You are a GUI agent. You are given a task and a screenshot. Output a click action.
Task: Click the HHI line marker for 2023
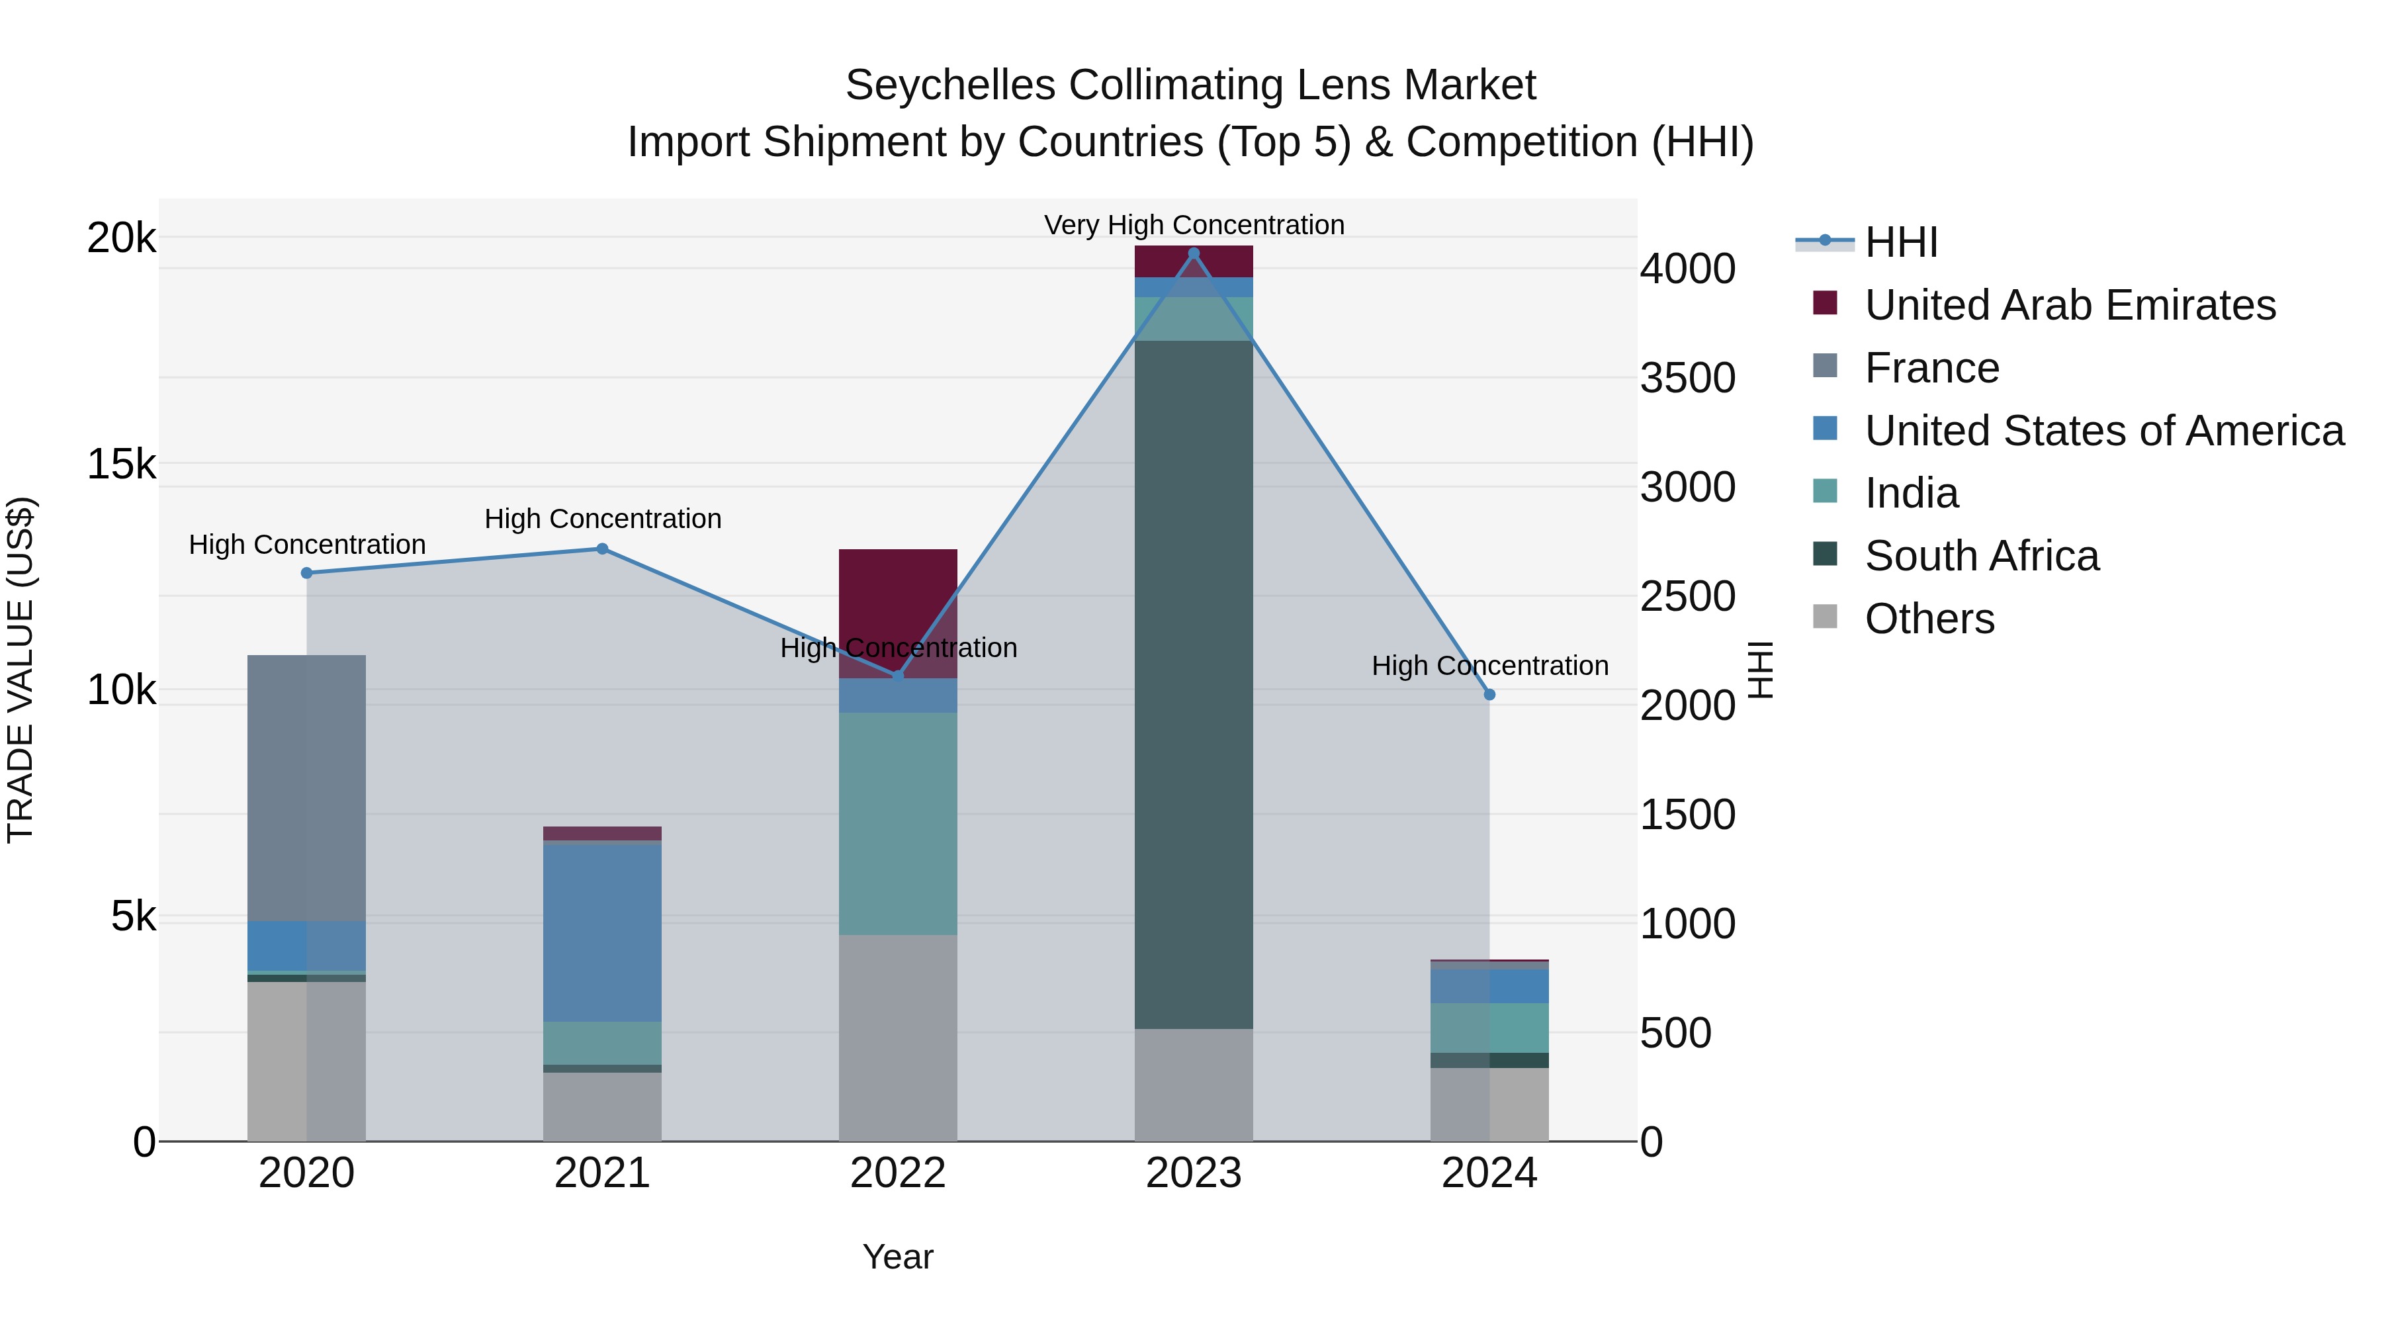click(x=1193, y=253)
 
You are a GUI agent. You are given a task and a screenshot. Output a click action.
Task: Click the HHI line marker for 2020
click(x=307, y=573)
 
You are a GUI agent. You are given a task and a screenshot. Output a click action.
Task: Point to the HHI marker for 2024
click(x=1489, y=695)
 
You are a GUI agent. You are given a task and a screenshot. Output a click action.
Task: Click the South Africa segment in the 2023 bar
click(x=1193, y=684)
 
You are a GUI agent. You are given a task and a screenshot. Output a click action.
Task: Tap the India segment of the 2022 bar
click(x=898, y=823)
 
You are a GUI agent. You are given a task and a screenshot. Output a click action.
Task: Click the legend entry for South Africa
click(x=1982, y=556)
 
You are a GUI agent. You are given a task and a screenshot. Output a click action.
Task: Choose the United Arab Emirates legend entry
click(x=2070, y=305)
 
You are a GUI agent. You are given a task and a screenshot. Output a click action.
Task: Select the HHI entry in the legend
click(x=1900, y=242)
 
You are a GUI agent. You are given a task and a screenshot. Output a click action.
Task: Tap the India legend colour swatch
click(x=1826, y=492)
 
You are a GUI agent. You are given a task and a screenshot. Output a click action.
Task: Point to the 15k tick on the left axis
click(x=121, y=465)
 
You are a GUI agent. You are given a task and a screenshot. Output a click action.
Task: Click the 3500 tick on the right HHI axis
click(x=1687, y=379)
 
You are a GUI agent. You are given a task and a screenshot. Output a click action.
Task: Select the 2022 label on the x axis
click(x=898, y=1173)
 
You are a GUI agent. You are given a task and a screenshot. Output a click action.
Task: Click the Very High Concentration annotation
click(x=1194, y=225)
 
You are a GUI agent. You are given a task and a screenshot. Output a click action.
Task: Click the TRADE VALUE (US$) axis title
click(x=21, y=670)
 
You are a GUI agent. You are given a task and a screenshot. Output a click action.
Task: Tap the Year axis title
click(x=898, y=1257)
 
